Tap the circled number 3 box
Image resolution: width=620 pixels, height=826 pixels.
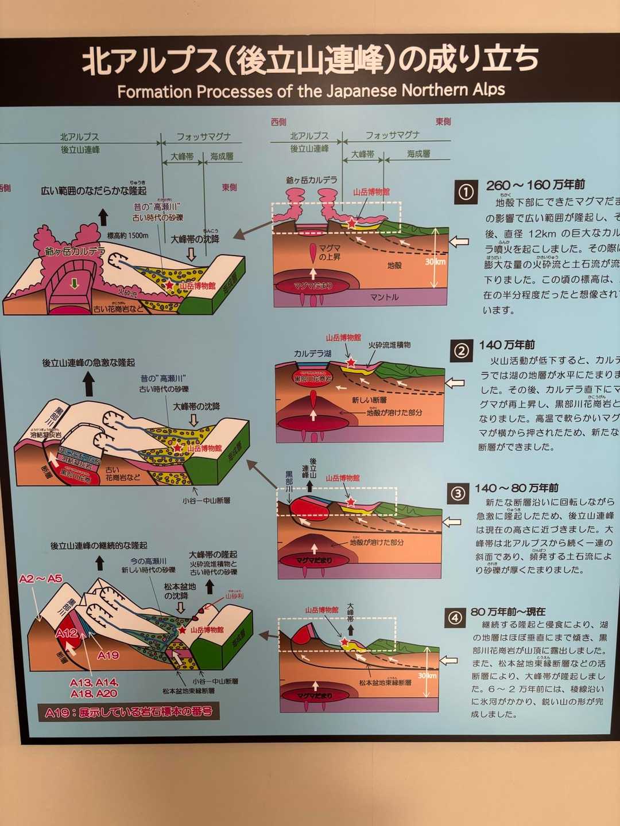click(x=458, y=494)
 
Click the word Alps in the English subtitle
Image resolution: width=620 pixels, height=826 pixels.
click(x=489, y=89)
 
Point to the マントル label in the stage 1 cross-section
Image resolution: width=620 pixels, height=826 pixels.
click(x=384, y=297)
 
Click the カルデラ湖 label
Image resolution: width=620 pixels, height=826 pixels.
click(x=312, y=354)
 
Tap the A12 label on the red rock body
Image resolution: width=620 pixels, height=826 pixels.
click(x=67, y=633)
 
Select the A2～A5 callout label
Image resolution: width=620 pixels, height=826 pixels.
click(x=40, y=579)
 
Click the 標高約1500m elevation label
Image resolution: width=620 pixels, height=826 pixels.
click(x=127, y=235)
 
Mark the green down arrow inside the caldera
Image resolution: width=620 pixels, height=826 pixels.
click(x=73, y=283)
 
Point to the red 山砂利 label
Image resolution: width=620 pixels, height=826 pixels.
click(x=234, y=597)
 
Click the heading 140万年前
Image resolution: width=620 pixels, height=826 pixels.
click(x=507, y=345)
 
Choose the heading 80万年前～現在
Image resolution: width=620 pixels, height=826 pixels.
click(x=508, y=611)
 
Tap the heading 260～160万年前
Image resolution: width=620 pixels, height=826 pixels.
click(x=535, y=185)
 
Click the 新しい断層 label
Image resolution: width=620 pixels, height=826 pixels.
click(x=369, y=400)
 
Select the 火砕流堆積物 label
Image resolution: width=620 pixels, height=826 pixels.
click(x=389, y=345)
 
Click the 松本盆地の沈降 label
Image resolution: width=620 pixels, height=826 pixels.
click(x=180, y=591)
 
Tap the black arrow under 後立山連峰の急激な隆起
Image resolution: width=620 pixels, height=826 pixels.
click(x=88, y=384)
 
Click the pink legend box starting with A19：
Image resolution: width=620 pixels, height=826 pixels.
click(x=129, y=712)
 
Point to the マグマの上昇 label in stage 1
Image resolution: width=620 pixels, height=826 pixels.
click(x=330, y=252)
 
